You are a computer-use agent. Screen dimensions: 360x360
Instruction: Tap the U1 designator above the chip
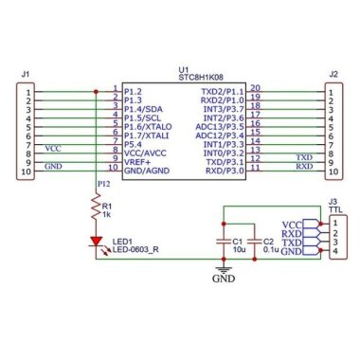(x=183, y=69)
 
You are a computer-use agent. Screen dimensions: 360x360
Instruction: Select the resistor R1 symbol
(x=95, y=206)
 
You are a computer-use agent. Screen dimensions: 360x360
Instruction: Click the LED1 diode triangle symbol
(x=95, y=243)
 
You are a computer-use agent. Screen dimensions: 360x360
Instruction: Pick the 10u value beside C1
(x=238, y=251)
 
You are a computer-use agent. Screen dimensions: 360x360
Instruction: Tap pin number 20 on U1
(x=256, y=88)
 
